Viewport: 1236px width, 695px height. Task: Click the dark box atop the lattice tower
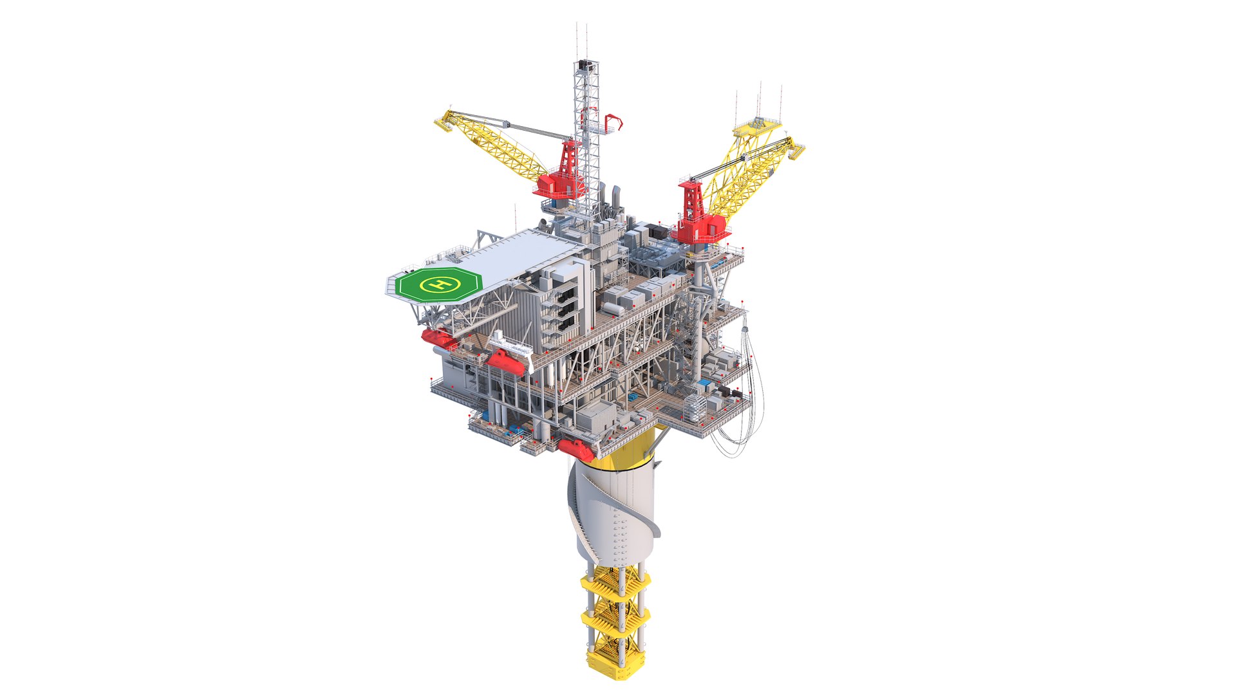(585, 65)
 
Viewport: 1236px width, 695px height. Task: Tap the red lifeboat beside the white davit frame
(505, 363)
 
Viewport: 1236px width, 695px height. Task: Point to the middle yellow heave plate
(615, 616)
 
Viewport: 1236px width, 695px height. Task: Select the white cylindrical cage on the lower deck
(695, 407)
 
